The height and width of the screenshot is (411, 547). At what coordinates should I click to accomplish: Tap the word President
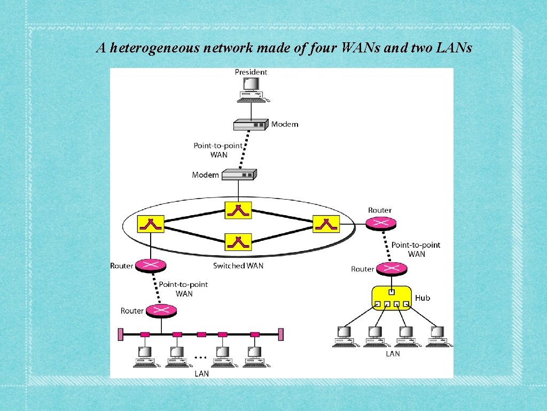point(251,72)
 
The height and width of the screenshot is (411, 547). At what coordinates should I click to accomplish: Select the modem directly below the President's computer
point(250,125)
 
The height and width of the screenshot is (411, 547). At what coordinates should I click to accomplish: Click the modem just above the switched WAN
point(239,174)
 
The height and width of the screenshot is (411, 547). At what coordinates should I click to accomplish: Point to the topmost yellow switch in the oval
point(238,210)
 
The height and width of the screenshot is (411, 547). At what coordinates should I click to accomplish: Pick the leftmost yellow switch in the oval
point(151,224)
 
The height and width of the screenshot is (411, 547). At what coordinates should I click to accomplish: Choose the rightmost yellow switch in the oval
point(326,224)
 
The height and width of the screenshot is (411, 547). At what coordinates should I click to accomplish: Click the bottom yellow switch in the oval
point(238,242)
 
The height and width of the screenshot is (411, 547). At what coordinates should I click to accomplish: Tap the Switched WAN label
point(238,265)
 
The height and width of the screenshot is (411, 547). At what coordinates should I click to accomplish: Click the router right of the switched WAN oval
point(379,224)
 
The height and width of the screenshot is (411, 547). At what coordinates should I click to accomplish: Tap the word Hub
point(423,298)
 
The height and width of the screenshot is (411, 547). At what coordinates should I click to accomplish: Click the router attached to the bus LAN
point(160,310)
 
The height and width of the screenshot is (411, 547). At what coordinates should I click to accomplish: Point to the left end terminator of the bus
point(121,334)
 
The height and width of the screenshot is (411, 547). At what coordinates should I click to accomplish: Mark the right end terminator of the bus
point(280,334)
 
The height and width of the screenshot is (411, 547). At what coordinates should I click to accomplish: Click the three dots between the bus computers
point(200,356)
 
